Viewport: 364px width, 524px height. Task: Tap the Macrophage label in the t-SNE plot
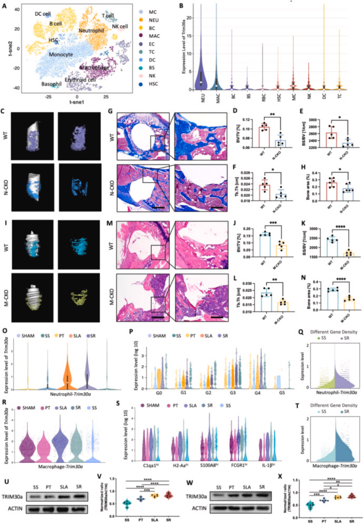(95, 68)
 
